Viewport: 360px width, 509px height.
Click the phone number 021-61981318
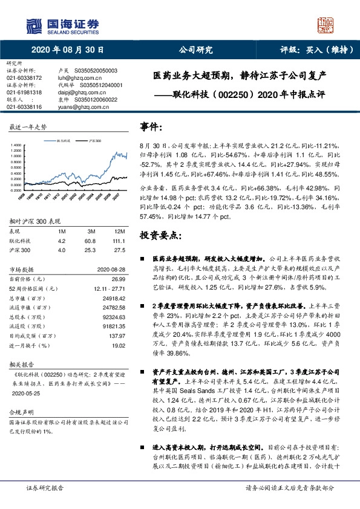click(x=24, y=92)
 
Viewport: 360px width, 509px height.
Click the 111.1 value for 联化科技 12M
click(x=119, y=240)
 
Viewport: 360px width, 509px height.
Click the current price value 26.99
click(x=119, y=279)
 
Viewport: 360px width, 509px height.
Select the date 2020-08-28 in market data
click(x=112, y=270)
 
